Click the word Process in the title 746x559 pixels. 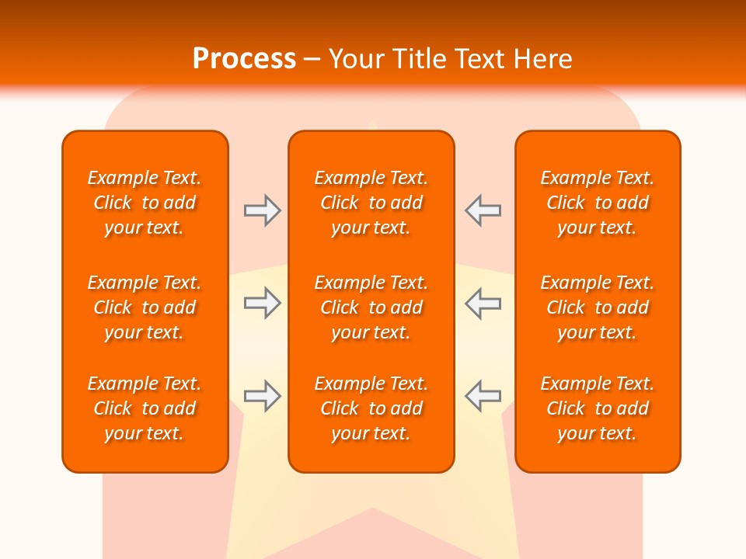coord(244,59)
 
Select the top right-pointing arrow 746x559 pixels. coord(262,210)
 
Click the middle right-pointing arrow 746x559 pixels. coord(262,303)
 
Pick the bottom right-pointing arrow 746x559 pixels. coord(262,396)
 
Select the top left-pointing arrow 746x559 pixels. coord(483,210)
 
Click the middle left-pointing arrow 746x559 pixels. coord(483,303)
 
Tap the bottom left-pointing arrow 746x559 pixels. coord(483,396)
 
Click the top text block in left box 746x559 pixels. coord(145,203)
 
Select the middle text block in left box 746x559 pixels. coord(145,307)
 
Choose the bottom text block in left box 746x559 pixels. coord(145,408)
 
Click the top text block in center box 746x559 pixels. coord(371,203)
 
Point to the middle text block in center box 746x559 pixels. coord(371,307)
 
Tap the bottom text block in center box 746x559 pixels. coord(371,408)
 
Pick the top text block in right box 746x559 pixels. coord(598,203)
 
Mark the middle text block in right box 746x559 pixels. coord(598,307)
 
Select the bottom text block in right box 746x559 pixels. coord(598,408)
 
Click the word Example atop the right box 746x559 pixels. coord(576,179)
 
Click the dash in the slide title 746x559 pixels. coord(312,60)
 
